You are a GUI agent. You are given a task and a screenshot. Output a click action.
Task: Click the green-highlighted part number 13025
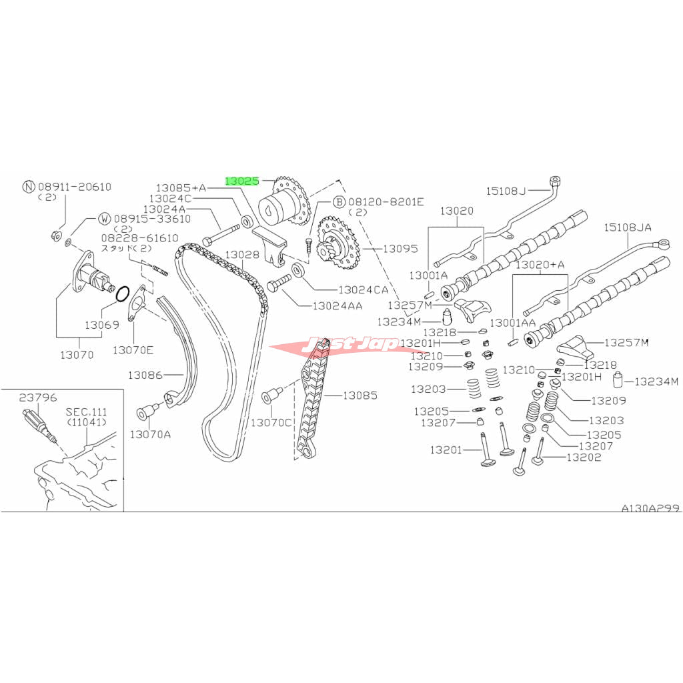click(x=241, y=180)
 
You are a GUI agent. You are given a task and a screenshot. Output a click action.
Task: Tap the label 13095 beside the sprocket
click(x=400, y=248)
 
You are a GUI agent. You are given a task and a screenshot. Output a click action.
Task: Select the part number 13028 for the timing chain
click(x=242, y=254)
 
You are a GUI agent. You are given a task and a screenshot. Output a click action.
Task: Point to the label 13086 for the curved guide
click(x=145, y=375)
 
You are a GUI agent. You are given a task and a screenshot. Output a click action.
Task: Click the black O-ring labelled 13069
click(x=123, y=294)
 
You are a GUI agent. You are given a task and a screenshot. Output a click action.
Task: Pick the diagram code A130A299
click(x=650, y=508)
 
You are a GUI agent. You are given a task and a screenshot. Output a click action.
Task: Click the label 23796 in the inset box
click(x=38, y=398)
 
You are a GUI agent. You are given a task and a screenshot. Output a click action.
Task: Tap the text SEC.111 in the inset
click(x=86, y=412)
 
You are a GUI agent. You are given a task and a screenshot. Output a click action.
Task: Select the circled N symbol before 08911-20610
click(x=28, y=187)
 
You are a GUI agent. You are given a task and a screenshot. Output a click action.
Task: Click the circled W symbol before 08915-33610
click(x=105, y=219)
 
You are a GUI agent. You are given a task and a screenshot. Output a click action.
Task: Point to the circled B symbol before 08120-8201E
click(x=339, y=202)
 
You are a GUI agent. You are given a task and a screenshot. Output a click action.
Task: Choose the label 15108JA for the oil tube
click(x=628, y=227)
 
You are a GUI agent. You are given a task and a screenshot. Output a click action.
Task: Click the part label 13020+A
click(x=540, y=264)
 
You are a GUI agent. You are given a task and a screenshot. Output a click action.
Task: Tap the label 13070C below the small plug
click(x=271, y=422)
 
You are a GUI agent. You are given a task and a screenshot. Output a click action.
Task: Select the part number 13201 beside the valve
click(x=446, y=450)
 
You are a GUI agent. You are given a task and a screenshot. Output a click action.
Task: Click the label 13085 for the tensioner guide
click(x=360, y=395)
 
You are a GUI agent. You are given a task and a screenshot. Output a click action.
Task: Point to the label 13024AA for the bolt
click(x=337, y=305)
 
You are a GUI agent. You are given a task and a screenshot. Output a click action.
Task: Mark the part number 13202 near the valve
click(x=584, y=457)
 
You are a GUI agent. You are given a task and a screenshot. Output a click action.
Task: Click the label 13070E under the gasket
click(x=133, y=350)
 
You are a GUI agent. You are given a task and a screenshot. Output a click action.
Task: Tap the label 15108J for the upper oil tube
click(x=506, y=191)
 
